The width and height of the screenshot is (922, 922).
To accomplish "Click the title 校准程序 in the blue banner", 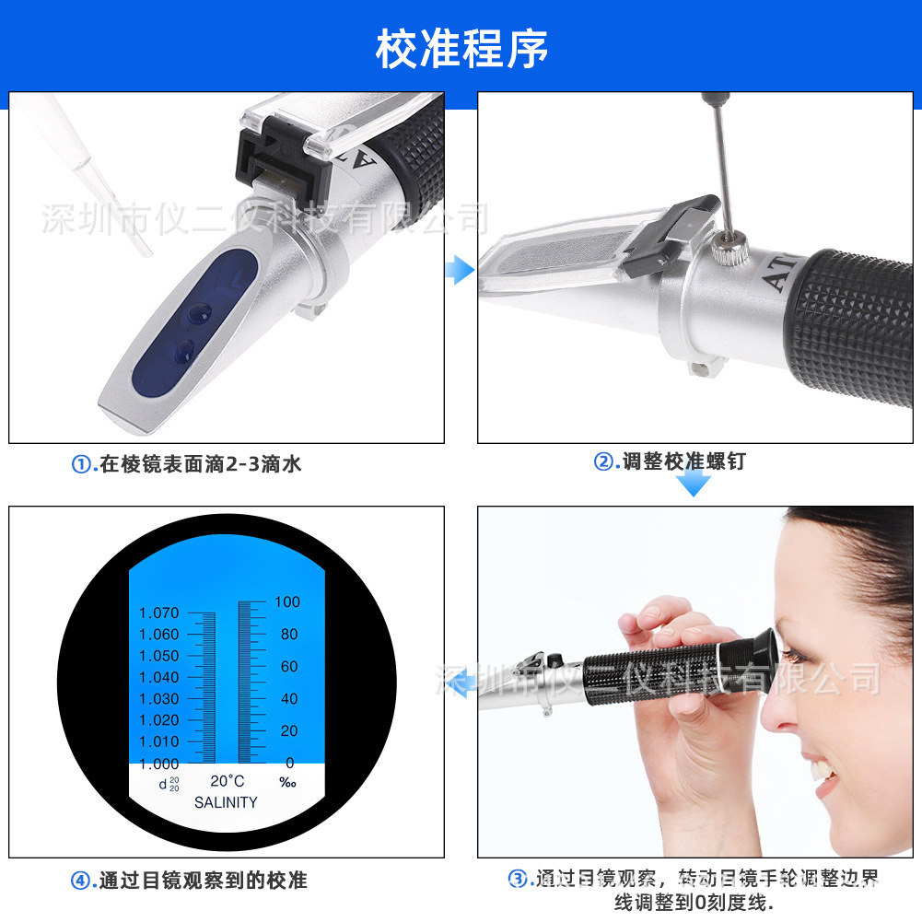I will pyautogui.click(x=461, y=49).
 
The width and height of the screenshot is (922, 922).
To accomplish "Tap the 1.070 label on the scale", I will pyautogui.click(x=158, y=613).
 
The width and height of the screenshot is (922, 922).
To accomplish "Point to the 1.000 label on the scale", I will pyautogui.click(x=158, y=764).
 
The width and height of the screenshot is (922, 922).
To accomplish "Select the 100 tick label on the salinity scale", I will pyautogui.click(x=287, y=601).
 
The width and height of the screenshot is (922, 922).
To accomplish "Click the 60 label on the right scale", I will pyautogui.click(x=289, y=666).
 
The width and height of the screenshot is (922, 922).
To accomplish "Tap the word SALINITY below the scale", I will pyautogui.click(x=226, y=802).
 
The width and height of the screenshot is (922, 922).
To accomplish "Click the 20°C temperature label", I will pyautogui.click(x=228, y=781).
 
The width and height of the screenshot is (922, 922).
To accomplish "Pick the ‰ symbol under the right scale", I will pyautogui.click(x=287, y=783).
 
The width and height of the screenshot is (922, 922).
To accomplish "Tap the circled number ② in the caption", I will pyautogui.click(x=603, y=462).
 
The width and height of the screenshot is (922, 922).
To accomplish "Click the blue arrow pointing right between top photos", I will pyautogui.click(x=459, y=270).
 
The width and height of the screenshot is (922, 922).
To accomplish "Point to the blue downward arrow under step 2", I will pyautogui.click(x=694, y=483).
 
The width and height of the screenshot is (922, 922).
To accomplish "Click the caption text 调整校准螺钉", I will pyautogui.click(x=683, y=462).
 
